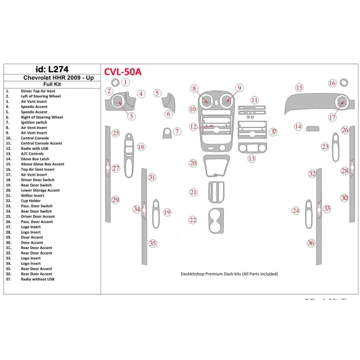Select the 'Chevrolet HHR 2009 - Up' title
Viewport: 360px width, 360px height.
tap(50, 78)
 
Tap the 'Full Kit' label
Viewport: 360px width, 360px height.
tap(50, 85)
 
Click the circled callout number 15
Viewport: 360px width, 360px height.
tap(299, 88)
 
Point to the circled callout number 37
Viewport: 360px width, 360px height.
tap(273, 132)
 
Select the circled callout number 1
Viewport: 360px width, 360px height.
tap(125, 82)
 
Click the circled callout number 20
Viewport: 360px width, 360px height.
tap(193, 163)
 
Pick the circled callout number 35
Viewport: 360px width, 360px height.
tap(152, 243)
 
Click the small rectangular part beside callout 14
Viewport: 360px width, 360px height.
tap(313, 128)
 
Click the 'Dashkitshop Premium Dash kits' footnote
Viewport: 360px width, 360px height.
tap(229, 274)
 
